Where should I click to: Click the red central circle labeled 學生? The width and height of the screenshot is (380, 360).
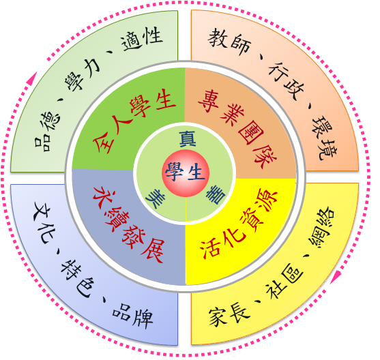click(186, 173)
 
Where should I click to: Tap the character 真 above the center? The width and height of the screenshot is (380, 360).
click(188, 139)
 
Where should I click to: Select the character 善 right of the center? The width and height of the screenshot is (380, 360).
click(216, 195)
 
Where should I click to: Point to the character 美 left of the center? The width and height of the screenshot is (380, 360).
click(156, 198)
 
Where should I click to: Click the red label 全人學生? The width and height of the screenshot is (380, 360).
click(134, 121)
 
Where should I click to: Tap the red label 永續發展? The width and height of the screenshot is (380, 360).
click(129, 224)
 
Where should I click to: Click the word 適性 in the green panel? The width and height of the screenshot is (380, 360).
click(142, 39)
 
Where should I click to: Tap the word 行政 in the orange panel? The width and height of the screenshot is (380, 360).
click(287, 81)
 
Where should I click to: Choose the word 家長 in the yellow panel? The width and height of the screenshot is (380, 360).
click(229, 315)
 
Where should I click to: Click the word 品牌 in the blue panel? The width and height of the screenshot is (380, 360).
click(132, 316)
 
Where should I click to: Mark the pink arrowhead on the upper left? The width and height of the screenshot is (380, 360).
click(33, 78)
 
